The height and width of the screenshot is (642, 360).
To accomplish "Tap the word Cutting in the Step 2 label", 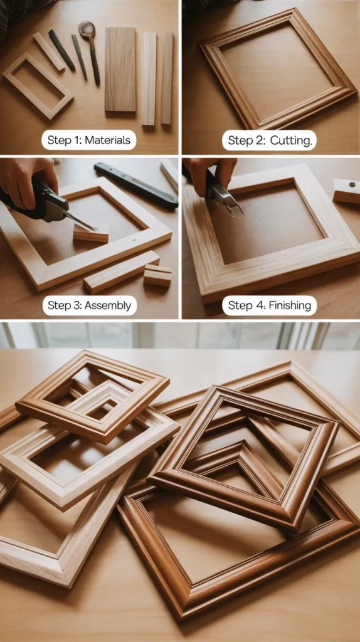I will pyautogui.click(x=290, y=140).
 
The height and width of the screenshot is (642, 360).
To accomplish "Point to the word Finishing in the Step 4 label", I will pyautogui.click(x=287, y=306).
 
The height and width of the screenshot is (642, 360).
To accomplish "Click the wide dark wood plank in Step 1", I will pyautogui.click(x=120, y=69).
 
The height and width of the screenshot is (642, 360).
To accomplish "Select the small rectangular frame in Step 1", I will pyautogui.click(x=37, y=85).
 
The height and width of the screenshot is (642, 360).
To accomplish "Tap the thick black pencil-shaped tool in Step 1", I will pyautogui.click(x=61, y=50).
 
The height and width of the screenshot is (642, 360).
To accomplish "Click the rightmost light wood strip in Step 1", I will pyautogui.click(x=167, y=78).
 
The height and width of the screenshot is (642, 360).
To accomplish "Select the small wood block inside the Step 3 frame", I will pyautogui.click(x=91, y=234).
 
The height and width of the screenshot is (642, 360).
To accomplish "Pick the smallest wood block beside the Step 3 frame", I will pyautogui.click(x=157, y=276).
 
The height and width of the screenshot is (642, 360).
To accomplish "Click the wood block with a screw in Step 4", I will pyautogui.click(x=346, y=191).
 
